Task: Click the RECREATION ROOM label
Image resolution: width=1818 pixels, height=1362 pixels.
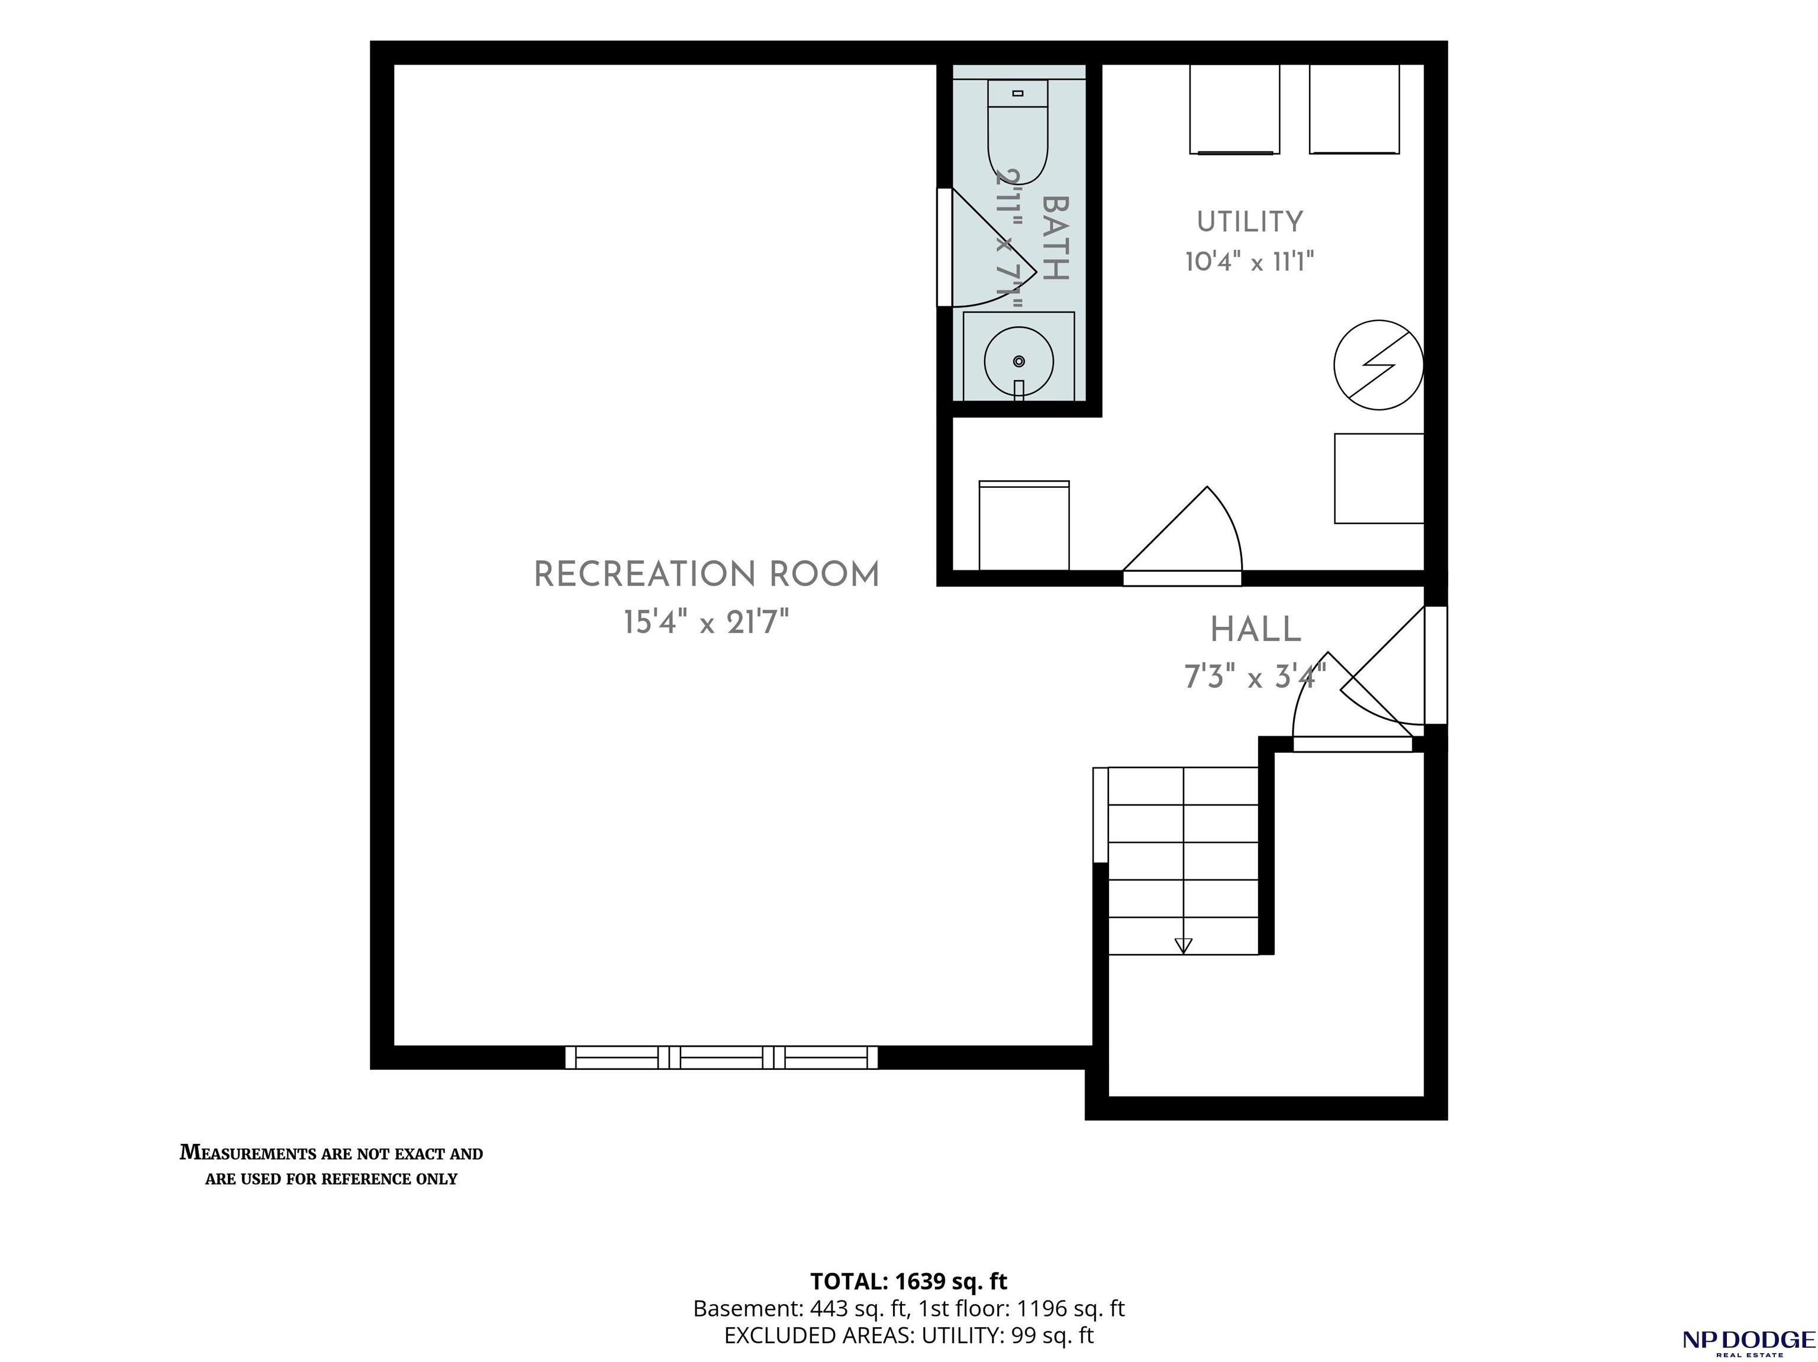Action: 707,574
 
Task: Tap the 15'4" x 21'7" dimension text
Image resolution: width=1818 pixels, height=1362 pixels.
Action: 706,622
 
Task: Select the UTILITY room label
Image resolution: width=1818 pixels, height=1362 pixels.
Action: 1249,222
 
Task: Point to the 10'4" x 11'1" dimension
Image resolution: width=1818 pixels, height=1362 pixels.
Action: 1249,261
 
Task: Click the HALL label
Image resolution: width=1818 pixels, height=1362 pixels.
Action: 1256,630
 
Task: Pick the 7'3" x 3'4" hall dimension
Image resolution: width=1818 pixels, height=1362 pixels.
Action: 1255,678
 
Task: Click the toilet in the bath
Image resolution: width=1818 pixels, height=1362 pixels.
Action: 1017,131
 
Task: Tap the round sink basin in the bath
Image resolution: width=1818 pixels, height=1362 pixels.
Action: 1019,361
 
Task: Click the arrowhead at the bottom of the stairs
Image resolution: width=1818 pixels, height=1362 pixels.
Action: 1184,946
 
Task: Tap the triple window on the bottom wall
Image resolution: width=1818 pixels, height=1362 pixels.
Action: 721,1057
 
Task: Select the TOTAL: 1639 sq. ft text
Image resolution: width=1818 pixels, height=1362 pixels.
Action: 908,1282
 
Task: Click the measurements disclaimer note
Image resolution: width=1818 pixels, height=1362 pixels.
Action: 331,1166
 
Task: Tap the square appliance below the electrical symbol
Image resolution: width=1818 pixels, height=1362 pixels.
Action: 1379,478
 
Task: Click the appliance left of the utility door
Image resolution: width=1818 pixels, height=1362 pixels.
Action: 1024,526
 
